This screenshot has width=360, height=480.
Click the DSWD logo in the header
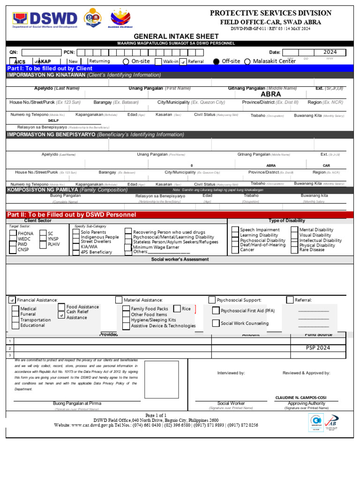tap(45, 19)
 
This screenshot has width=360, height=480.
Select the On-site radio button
tap(126, 61)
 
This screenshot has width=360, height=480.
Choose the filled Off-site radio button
tap(216, 61)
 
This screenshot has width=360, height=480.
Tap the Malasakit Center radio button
tap(247, 61)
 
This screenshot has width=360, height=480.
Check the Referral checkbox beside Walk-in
tap(183, 61)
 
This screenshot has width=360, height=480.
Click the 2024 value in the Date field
tap(330, 52)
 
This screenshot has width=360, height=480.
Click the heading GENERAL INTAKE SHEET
tap(176, 36)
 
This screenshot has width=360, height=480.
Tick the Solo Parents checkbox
tap(76, 232)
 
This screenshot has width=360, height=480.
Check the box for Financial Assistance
tap(12, 300)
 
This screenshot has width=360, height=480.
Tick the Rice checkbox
tap(177, 309)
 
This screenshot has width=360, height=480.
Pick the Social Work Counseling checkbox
tap(215, 323)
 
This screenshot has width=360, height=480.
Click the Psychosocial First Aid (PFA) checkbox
tap(215, 310)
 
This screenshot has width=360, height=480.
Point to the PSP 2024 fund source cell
tap(318, 348)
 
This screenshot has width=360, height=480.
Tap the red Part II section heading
tap(72, 215)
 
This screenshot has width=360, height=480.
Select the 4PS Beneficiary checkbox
tap(76, 252)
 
